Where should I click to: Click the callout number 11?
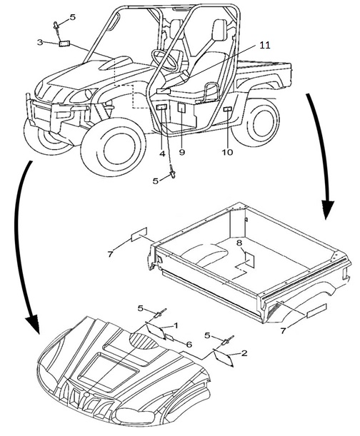point(264,45)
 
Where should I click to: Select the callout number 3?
point(40,42)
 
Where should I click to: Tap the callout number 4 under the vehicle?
point(162,153)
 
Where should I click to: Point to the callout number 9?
point(182,153)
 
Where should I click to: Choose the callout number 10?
point(227,152)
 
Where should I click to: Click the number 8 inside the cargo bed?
point(239,243)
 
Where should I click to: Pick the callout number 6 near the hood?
point(189,345)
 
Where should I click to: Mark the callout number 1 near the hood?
point(176,325)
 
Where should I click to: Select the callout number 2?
point(244,353)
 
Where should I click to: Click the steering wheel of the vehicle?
point(166,59)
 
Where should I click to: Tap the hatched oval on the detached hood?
point(144,340)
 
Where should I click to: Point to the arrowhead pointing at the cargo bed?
point(327,208)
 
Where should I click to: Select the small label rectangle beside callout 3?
point(64,44)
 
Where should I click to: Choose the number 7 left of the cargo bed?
point(110,253)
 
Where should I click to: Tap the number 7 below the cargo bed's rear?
point(283,331)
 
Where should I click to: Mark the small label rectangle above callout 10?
point(227,109)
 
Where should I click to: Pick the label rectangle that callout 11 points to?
point(164,91)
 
